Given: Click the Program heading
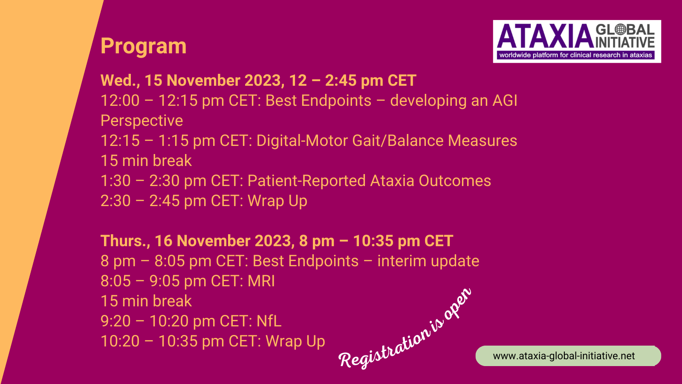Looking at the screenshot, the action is [x=143, y=47].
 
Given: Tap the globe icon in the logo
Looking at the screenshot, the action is [x=620, y=29].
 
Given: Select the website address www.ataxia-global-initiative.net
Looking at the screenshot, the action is [x=564, y=356].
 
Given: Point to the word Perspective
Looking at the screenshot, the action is [x=142, y=121].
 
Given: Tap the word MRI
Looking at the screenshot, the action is [x=261, y=281].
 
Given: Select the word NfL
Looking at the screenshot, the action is [x=269, y=321].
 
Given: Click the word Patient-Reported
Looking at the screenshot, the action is [x=306, y=181].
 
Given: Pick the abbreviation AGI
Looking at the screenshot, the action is [x=505, y=101].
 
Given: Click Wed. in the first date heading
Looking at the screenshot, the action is [x=120, y=81].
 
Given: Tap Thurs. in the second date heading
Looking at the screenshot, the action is [x=125, y=241].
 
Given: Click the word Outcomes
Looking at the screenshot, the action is [x=455, y=181].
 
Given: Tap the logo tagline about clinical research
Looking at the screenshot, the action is [x=576, y=55].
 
